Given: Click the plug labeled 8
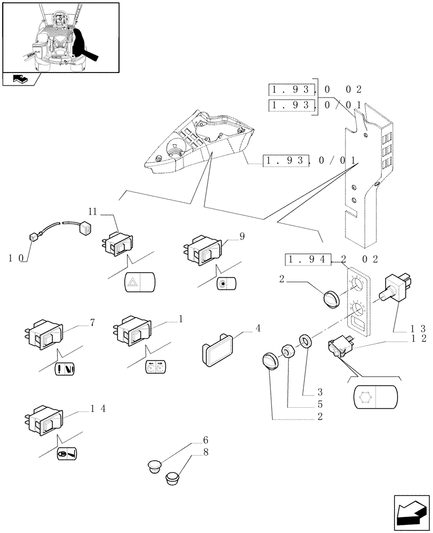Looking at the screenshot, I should (x=174, y=478).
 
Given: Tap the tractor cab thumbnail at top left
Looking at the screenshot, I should (x=60, y=36).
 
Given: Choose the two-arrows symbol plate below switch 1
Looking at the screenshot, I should (x=155, y=367).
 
